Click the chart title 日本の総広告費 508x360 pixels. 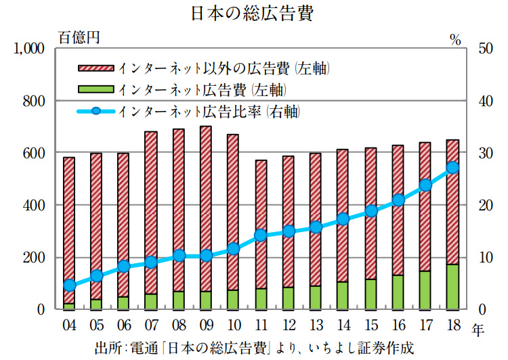click(253, 14)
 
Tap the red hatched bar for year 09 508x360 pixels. click(206, 203)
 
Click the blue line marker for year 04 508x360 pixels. click(69, 285)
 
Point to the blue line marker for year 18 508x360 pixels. click(453, 168)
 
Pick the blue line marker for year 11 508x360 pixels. click(261, 235)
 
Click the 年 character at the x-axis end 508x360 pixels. click(478, 330)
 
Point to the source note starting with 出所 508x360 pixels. click(253, 348)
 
